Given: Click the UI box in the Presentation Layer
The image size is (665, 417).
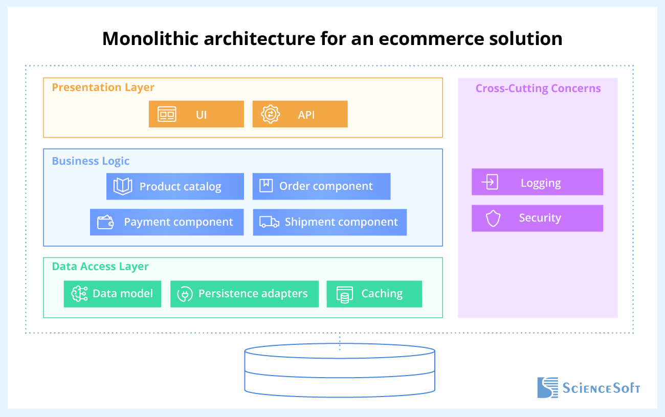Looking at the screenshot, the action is (196, 114).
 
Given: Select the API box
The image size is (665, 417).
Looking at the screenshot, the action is (300, 114).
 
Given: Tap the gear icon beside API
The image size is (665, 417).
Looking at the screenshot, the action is (270, 114).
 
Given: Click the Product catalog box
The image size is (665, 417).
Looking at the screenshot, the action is (175, 186).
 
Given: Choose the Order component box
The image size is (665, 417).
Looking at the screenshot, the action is (322, 186).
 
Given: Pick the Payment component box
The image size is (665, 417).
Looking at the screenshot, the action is (167, 222).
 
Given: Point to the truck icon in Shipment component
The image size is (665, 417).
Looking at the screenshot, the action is (269, 222).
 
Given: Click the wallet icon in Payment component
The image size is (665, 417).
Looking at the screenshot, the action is (105, 222).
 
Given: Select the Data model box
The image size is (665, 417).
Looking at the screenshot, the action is (113, 294).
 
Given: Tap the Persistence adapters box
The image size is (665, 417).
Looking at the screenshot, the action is (245, 294).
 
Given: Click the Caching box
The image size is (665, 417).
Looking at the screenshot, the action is (374, 294).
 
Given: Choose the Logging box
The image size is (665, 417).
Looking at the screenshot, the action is (537, 182).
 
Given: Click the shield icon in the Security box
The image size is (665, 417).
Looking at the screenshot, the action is (493, 218).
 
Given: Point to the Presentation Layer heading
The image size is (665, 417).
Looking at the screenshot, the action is (103, 87).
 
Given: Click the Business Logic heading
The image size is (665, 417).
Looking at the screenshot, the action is (91, 161).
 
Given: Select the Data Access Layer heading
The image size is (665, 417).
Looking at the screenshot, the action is (100, 267).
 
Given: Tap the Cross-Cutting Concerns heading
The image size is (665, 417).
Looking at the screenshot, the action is (538, 88).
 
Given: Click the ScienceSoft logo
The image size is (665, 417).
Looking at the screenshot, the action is (589, 388).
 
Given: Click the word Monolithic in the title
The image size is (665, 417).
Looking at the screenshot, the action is (150, 38).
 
